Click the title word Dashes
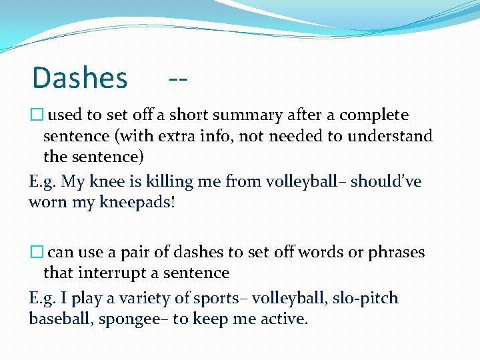[80, 78]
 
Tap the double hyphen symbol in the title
[178, 79]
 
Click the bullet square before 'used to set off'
[37, 115]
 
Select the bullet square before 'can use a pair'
[37, 253]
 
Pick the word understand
[394, 137]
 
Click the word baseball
[61, 319]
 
